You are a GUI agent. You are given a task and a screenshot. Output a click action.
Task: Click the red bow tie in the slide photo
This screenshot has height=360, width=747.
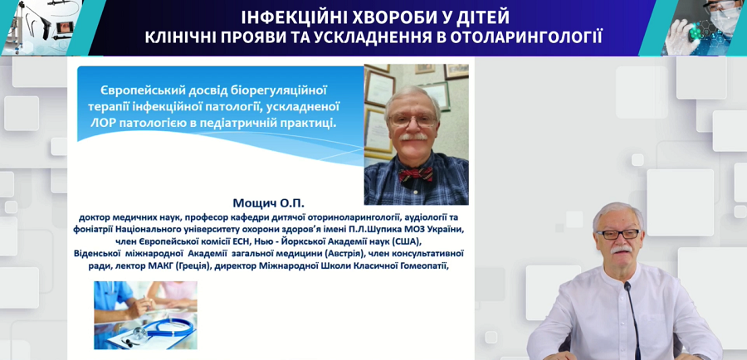pos(416,175)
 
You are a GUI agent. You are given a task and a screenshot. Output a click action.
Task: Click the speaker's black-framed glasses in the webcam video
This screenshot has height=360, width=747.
pos(618,234)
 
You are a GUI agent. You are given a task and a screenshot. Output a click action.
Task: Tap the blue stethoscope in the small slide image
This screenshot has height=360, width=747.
pos(162,328)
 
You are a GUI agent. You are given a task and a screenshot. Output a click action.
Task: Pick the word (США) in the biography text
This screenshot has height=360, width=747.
pos(403,240)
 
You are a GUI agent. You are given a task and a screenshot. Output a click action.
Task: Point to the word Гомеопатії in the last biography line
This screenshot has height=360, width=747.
pos(424,265)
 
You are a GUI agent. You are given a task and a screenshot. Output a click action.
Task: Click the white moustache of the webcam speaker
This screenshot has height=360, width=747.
pos(621,249)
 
